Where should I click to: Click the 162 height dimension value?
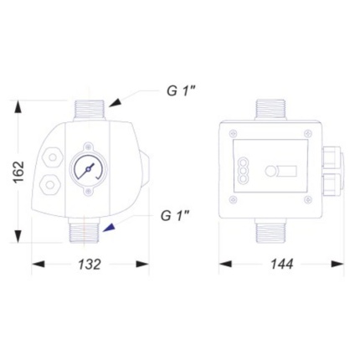point(19,172)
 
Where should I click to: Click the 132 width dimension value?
point(89,264)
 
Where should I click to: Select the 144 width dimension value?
point(282,264)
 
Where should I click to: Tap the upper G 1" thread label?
point(181,90)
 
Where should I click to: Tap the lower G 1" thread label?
point(176,216)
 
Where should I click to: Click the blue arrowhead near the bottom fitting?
point(109,228)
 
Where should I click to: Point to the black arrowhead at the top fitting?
point(116,103)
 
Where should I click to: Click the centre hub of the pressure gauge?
point(88,169)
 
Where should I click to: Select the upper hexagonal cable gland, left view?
point(52,157)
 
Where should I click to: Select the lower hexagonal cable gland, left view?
point(50,184)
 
